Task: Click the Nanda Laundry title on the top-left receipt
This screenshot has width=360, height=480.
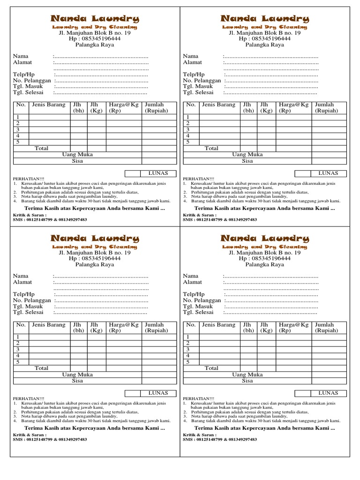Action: [95, 19]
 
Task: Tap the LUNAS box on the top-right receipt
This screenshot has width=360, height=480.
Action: [329, 173]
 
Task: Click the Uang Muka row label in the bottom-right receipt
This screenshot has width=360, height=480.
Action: [247, 375]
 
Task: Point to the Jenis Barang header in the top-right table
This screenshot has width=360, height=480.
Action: [219, 105]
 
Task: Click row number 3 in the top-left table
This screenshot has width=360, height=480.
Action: [18, 129]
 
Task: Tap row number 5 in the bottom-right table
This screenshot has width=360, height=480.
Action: [188, 362]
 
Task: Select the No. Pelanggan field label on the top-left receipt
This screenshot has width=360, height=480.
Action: [32, 81]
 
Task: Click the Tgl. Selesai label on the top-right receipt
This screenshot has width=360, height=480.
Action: [198, 92]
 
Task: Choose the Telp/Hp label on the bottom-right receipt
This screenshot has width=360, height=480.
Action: [194, 294]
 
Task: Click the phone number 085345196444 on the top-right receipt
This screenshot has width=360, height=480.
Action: [264, 39]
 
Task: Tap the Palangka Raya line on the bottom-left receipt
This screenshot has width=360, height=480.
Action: [95, 265]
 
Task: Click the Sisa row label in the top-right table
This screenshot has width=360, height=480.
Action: [247, 161]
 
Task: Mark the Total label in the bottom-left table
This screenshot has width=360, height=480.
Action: [41, 368]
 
